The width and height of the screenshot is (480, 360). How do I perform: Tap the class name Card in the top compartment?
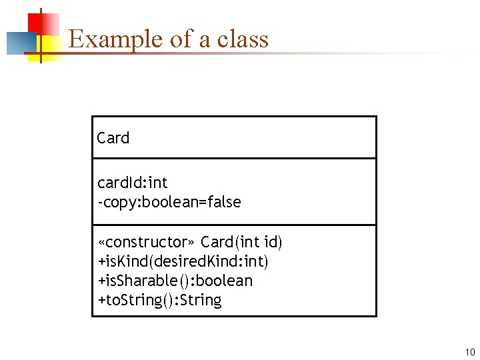pyautogui.click(x=113, y=138)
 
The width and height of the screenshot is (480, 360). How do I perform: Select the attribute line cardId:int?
pyautogui.click(x=133, y=183)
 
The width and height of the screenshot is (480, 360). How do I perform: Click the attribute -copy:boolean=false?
pyautogui.click(x=169, y=201)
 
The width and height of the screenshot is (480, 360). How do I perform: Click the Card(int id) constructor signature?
pyautogui.click(x=241, y=241)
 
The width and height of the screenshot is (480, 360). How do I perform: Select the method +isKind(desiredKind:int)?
pyautogui.click(x=183, y=261)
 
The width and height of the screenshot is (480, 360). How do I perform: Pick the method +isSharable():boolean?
pyautogui.click(x=175, y=281)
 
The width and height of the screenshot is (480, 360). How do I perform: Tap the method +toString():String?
pyautogui.click(x=159, y=300)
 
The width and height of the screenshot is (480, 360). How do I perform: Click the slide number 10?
pyautogui.click(x=469, y=351)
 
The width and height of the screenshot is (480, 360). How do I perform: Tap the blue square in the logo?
pyautogui.click(x=19, y=43)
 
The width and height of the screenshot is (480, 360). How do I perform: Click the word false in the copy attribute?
pyautogui.click(x=224, y=201)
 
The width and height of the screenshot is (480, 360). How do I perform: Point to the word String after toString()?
pyautogui.click(x=201, y=300)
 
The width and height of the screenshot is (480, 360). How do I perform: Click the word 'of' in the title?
pyautogui.click(x=180, y=39)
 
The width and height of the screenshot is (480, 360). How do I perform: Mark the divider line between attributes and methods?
pyautogui.click(x=234, y=225)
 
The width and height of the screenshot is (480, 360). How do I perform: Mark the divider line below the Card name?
pyautogui.click(x=234, y=158)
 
